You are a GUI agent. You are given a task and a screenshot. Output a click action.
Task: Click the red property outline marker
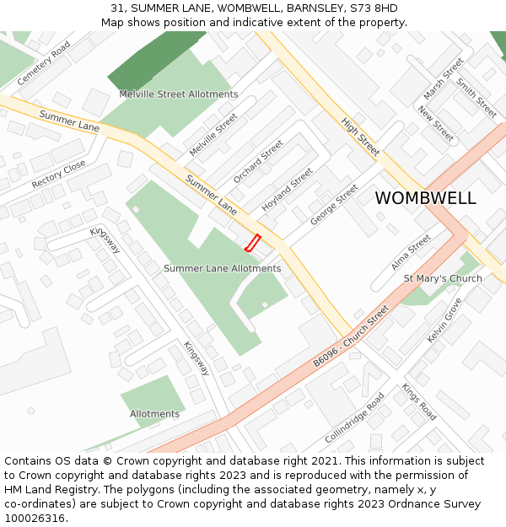tap(251, 243)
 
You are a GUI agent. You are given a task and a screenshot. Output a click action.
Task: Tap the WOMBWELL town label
tap(425, 198)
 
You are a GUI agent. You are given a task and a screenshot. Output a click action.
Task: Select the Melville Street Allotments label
tap(178, 94)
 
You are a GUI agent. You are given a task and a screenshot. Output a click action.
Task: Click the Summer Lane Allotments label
tap(222, 268)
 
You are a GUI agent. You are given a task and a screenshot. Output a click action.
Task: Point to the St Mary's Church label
tap(443, 278)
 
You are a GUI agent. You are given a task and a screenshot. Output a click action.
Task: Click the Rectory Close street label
tap(58, 175)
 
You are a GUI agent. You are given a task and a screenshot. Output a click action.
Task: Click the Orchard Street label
tap(258, 162)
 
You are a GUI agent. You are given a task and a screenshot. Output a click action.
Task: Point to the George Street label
tap(334, 205)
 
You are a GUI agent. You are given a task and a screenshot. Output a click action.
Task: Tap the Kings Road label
tap(418, 402)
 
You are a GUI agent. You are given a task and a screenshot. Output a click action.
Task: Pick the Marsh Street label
tap(444, 78)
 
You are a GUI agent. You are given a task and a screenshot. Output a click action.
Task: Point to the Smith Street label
tap(476, 98)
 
